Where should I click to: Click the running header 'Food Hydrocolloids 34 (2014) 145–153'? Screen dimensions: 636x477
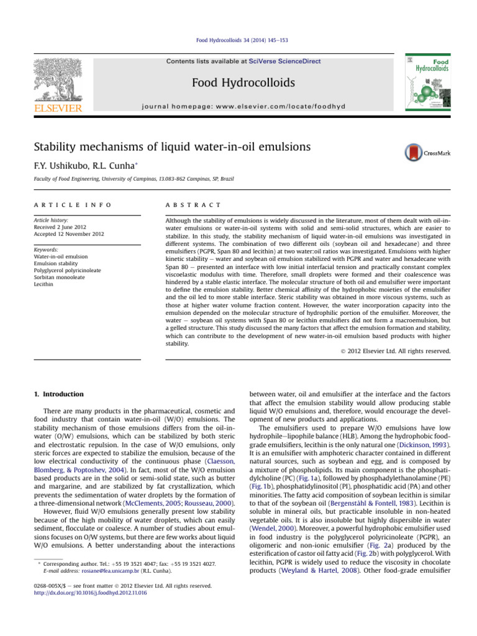(x=238, y=40)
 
